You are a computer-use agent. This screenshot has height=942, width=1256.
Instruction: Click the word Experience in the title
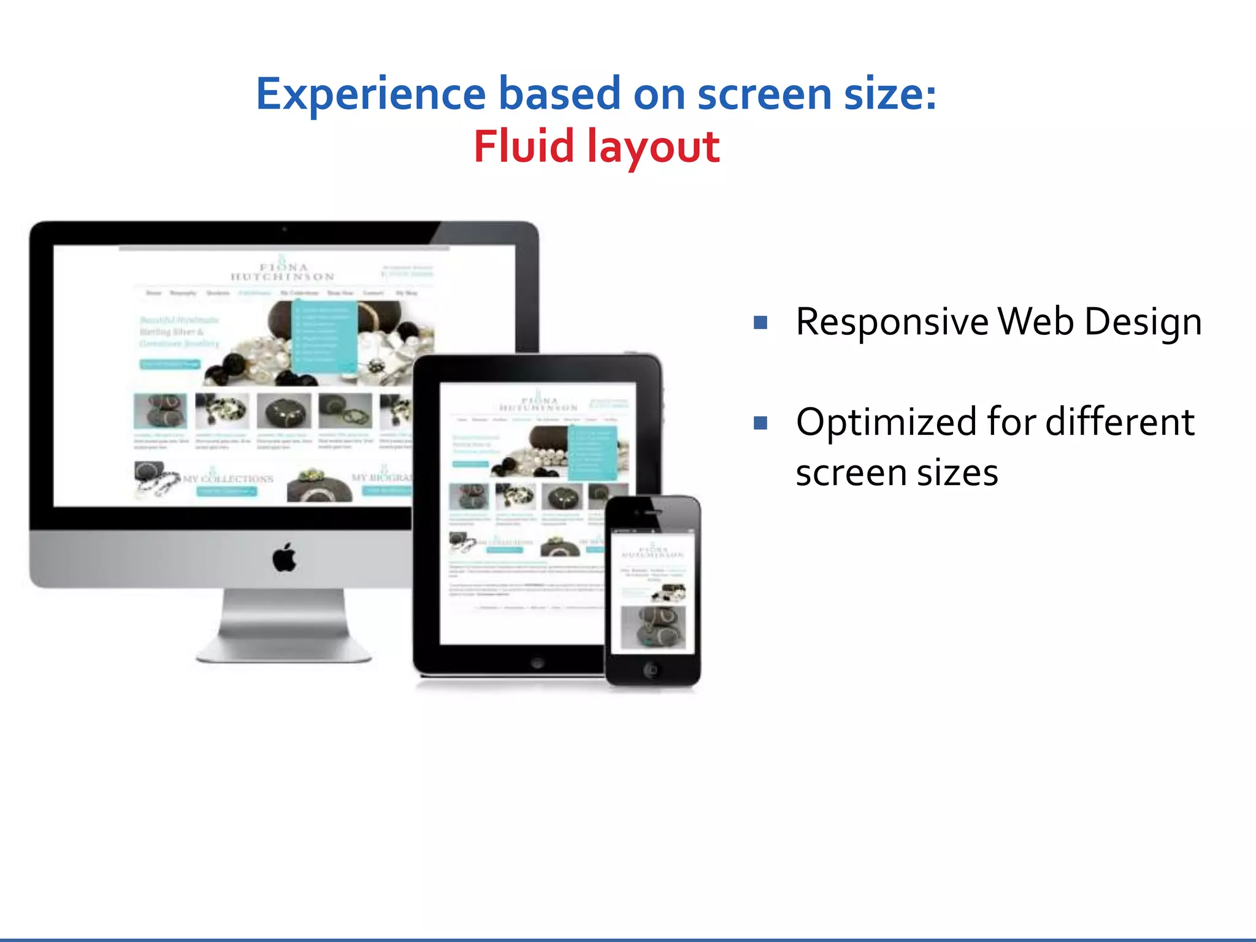(x=370, y=94)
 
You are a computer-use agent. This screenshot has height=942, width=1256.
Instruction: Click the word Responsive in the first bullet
(x=892, y=322)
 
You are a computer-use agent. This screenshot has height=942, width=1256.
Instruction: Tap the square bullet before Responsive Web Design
(x=760, y=323)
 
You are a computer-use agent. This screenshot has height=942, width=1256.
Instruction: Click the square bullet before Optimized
(x=760, y=423)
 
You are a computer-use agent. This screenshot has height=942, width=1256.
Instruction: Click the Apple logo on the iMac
(x=284, y=557)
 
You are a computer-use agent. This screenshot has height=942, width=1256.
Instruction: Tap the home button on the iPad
(x=537, y=663)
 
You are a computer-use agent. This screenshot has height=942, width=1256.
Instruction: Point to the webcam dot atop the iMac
(x=284, y=229)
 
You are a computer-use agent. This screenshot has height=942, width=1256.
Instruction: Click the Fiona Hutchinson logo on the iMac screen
(x=283, y=272)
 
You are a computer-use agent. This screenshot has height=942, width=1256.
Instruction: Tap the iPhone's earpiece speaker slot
(x=654, y=511)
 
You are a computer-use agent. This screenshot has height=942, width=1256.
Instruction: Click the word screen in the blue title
(x=764, y=94)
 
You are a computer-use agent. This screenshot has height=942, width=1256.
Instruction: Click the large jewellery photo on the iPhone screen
(x=653, y=626)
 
